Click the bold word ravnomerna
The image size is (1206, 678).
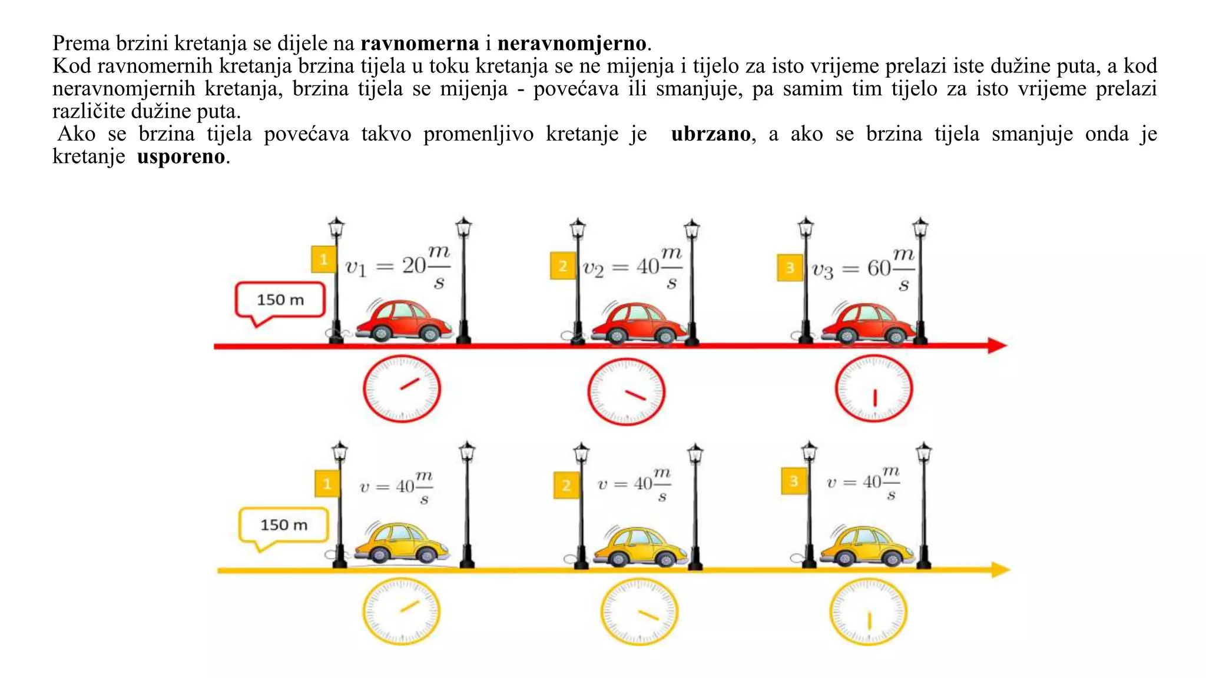click(x=420, y=44)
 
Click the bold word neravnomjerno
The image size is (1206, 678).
click(x=572, y=44)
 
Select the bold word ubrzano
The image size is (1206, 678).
click(x=711, y=134)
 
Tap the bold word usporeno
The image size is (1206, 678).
click(x=181, y=157)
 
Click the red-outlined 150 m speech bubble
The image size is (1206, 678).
click(x=280, y=300)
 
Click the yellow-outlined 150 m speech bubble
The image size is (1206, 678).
click(x=283, y=525)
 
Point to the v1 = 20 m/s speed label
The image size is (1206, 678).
click(x=398, y=267)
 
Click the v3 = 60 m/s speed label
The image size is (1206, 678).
click(x=863, y=269)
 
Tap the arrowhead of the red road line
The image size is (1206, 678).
click(x=998, y=345)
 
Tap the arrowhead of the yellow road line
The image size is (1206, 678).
click(x=1000, y=570)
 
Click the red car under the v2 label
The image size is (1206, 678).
click(x=639, y=323)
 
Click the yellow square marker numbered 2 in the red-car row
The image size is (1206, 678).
click(x=563, y=266)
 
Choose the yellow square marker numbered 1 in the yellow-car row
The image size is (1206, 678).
click(x=327, y=484)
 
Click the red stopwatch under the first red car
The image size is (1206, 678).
click(x=402, y=388)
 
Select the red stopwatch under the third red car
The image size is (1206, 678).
click(x=874, y=389)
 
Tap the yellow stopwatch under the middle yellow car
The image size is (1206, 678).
click(x=639, y=611)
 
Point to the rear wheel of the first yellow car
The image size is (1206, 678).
click(x=380, y=554)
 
